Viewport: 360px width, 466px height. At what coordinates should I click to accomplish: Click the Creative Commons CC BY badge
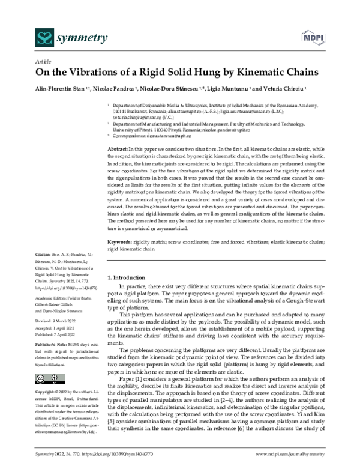coord(46,378)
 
